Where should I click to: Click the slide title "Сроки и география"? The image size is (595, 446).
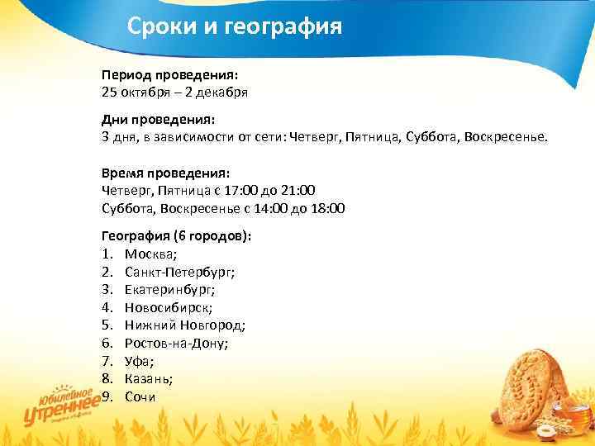click(234, 28)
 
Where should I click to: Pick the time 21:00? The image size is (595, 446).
click(297, 190)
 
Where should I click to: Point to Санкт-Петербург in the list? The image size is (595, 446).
click(179, 271)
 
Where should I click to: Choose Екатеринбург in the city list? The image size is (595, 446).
click(170, 289)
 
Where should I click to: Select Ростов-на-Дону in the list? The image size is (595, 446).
click(176, 343)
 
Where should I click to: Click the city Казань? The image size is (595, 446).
click(148, 378)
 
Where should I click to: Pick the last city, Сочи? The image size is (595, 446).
click(140, 396)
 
